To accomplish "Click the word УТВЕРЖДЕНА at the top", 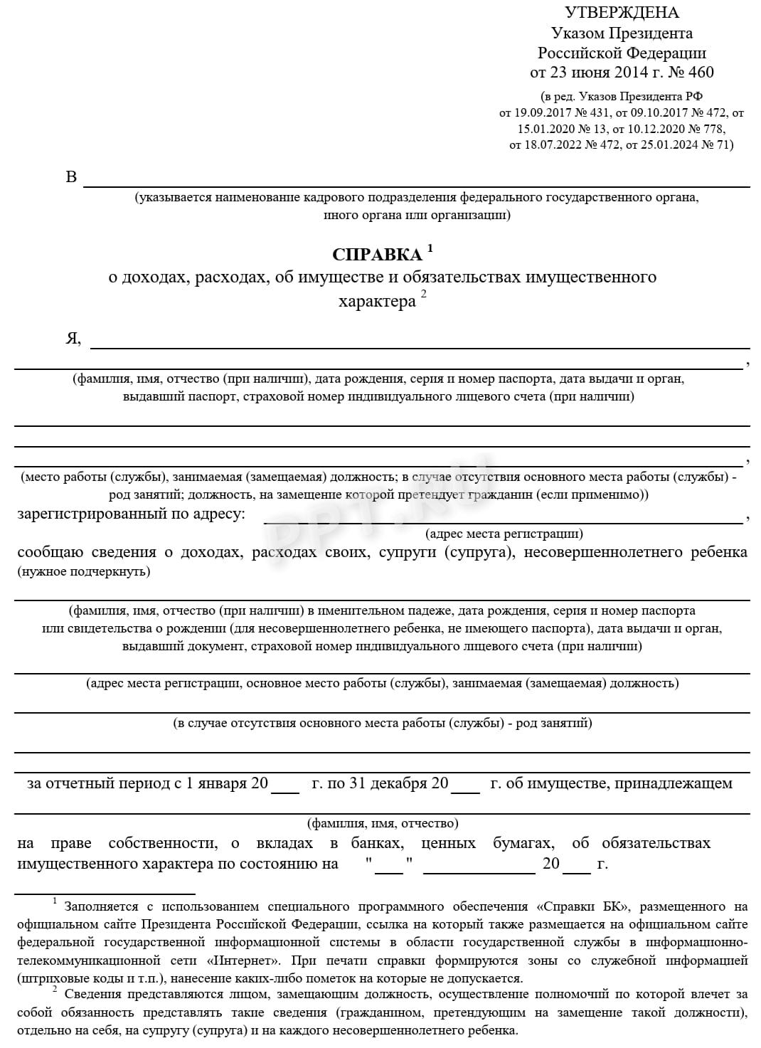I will point(621,13).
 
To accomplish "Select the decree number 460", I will point(701,72).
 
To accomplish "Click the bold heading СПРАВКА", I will point(377,255).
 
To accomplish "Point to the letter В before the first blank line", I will point(71,177).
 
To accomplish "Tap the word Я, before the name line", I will point(73,339).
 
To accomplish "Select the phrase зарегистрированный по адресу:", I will point(131,514).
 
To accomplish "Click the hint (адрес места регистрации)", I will point(504,533).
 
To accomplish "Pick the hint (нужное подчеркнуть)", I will point(84,571).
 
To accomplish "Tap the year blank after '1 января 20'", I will point(285,785).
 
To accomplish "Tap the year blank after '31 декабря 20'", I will point(466,785).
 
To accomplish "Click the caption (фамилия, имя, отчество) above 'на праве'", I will point(383,823).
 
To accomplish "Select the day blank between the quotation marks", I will point(388,866).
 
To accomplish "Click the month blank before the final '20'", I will point(479,866).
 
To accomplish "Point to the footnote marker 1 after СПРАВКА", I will point(430,248).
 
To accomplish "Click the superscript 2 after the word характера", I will point(424,295).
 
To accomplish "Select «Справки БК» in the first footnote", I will point(582,906).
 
